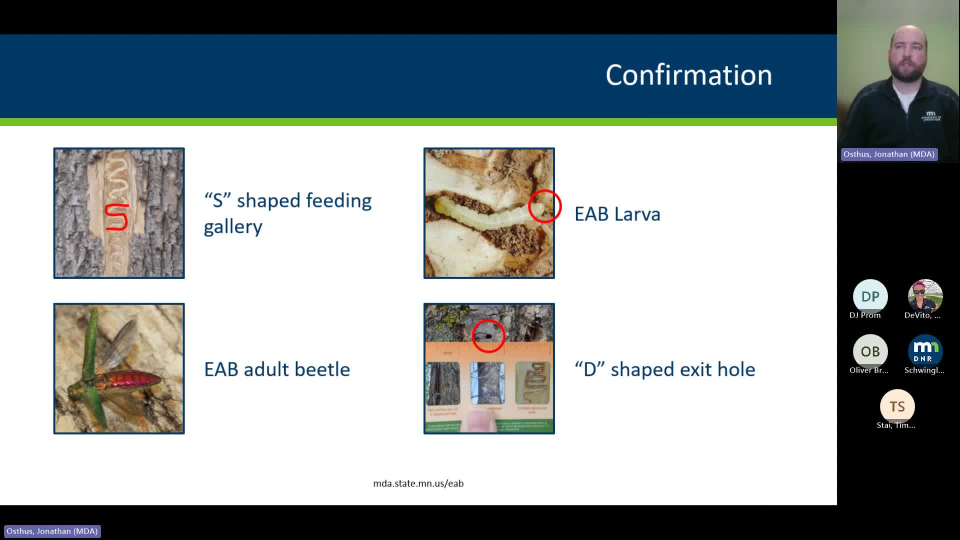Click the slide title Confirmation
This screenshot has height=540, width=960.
coord(688,75)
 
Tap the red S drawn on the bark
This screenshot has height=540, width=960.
coord(117,217)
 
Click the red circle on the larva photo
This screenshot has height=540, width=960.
coord(544,206)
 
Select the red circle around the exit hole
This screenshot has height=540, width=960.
coord(488,336)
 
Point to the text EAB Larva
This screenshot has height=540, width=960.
coord(617,214)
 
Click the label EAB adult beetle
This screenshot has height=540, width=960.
coord(276,369)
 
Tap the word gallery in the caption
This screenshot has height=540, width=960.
coord(233,227)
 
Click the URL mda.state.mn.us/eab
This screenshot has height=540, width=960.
coord(418,483)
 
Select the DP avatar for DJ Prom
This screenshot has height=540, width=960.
coord(870,296)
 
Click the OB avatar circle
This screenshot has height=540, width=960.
coord(870,351)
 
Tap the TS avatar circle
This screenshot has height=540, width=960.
coord(897,406)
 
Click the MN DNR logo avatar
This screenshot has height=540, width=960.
coord(925,351)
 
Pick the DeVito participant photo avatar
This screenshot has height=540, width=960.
coord(925,296)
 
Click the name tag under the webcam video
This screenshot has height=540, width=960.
coord(888,154)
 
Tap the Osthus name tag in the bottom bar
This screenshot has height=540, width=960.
coord(52,531)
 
